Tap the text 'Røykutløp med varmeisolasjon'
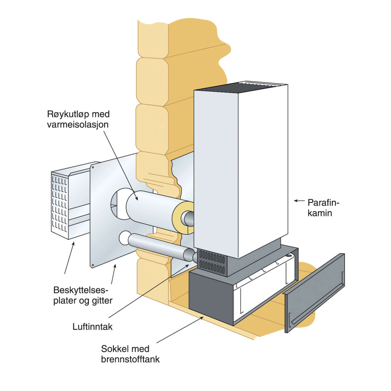tap(78, 119)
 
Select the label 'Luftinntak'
tap(93, 326)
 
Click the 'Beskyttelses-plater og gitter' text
tap(83, 295)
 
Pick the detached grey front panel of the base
tap(314, 293)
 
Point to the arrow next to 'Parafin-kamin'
tap(299, 201)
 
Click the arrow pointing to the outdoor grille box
tap(69, 257)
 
